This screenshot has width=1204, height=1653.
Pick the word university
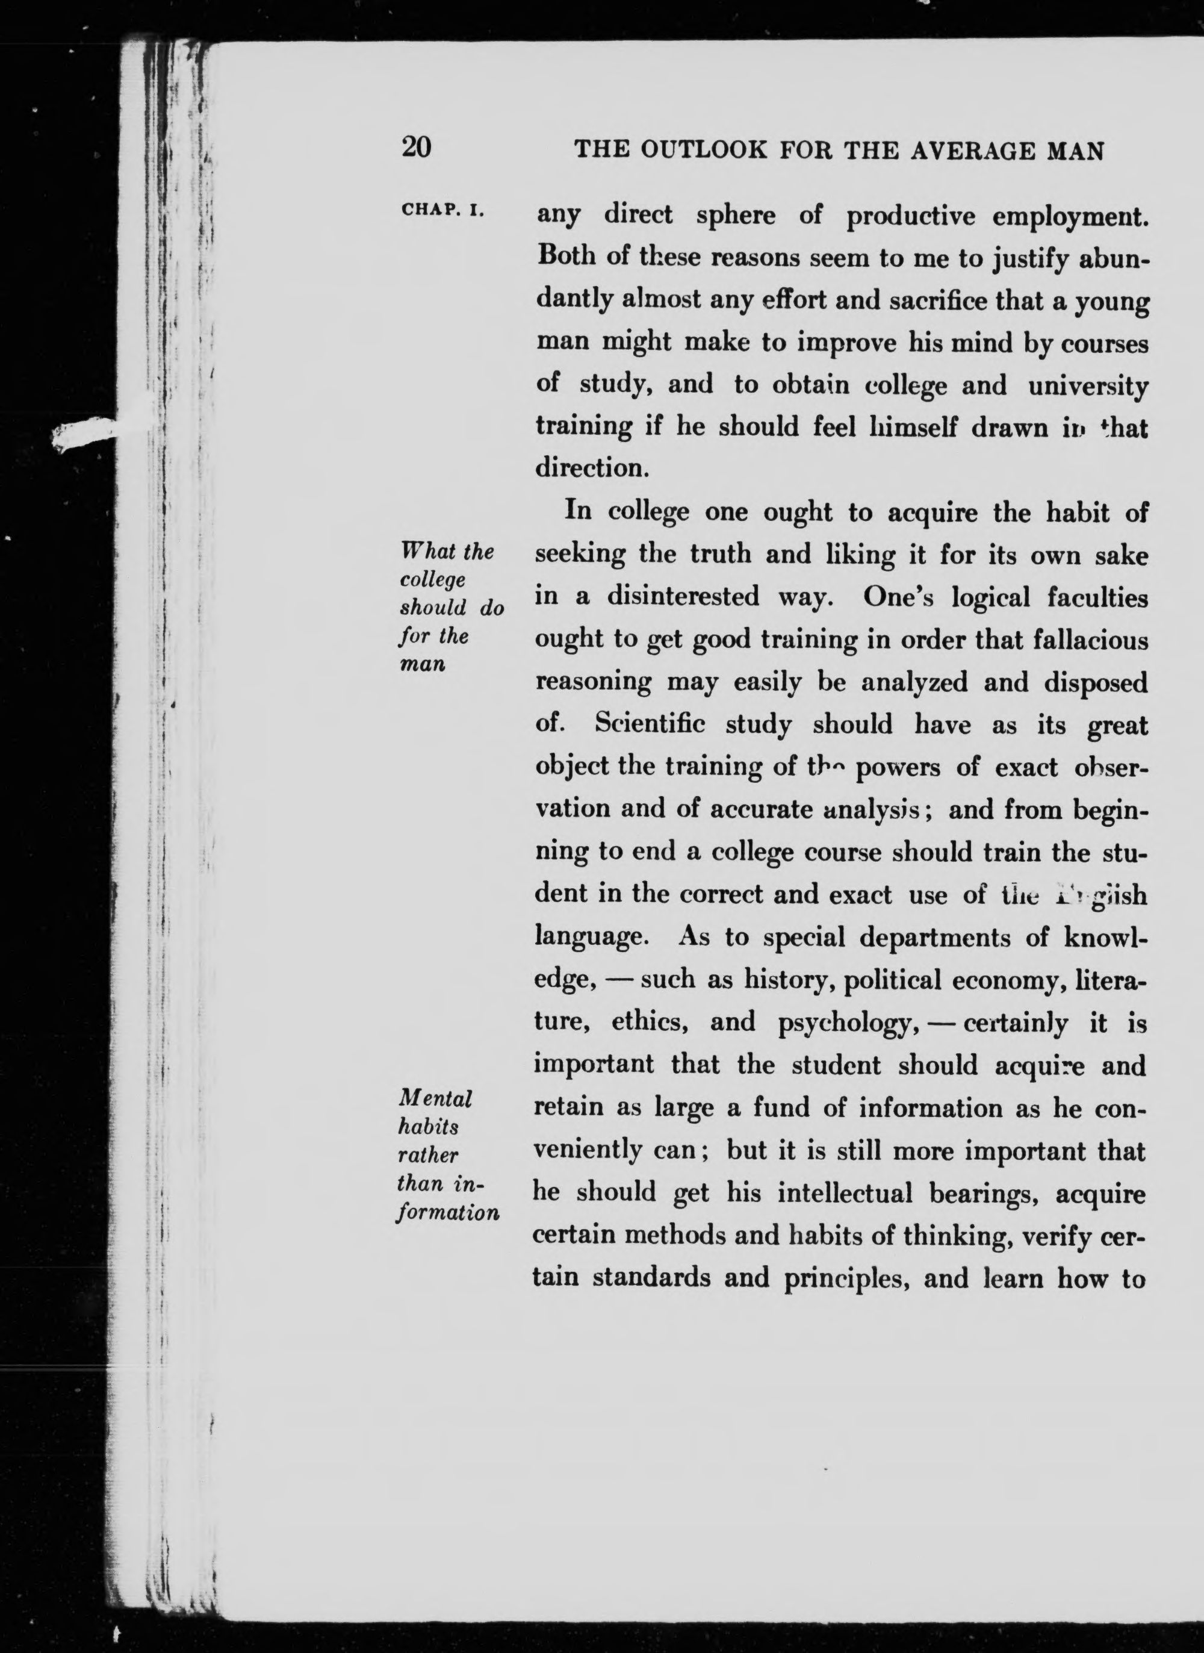tap(1087, 385)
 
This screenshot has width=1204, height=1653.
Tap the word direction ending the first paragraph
tap(591, 467)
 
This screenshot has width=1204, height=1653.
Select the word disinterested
tap(684, 597)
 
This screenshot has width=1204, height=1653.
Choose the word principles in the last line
tap(845, 1279)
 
